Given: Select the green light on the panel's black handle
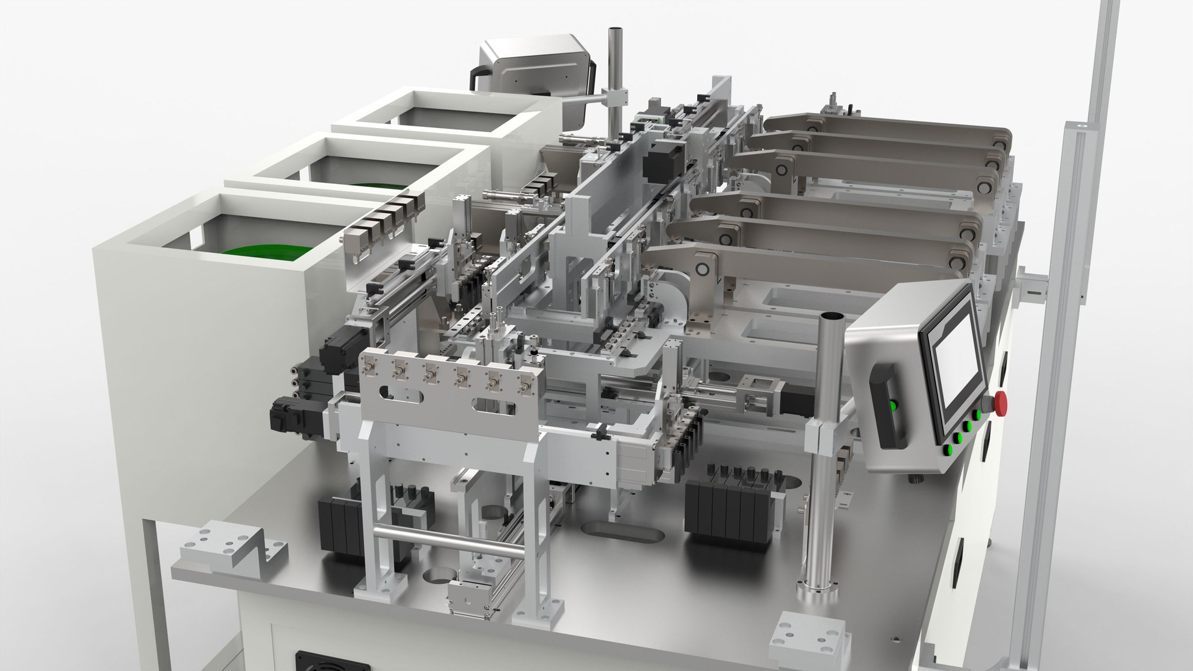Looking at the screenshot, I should click(x=894, y=406).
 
